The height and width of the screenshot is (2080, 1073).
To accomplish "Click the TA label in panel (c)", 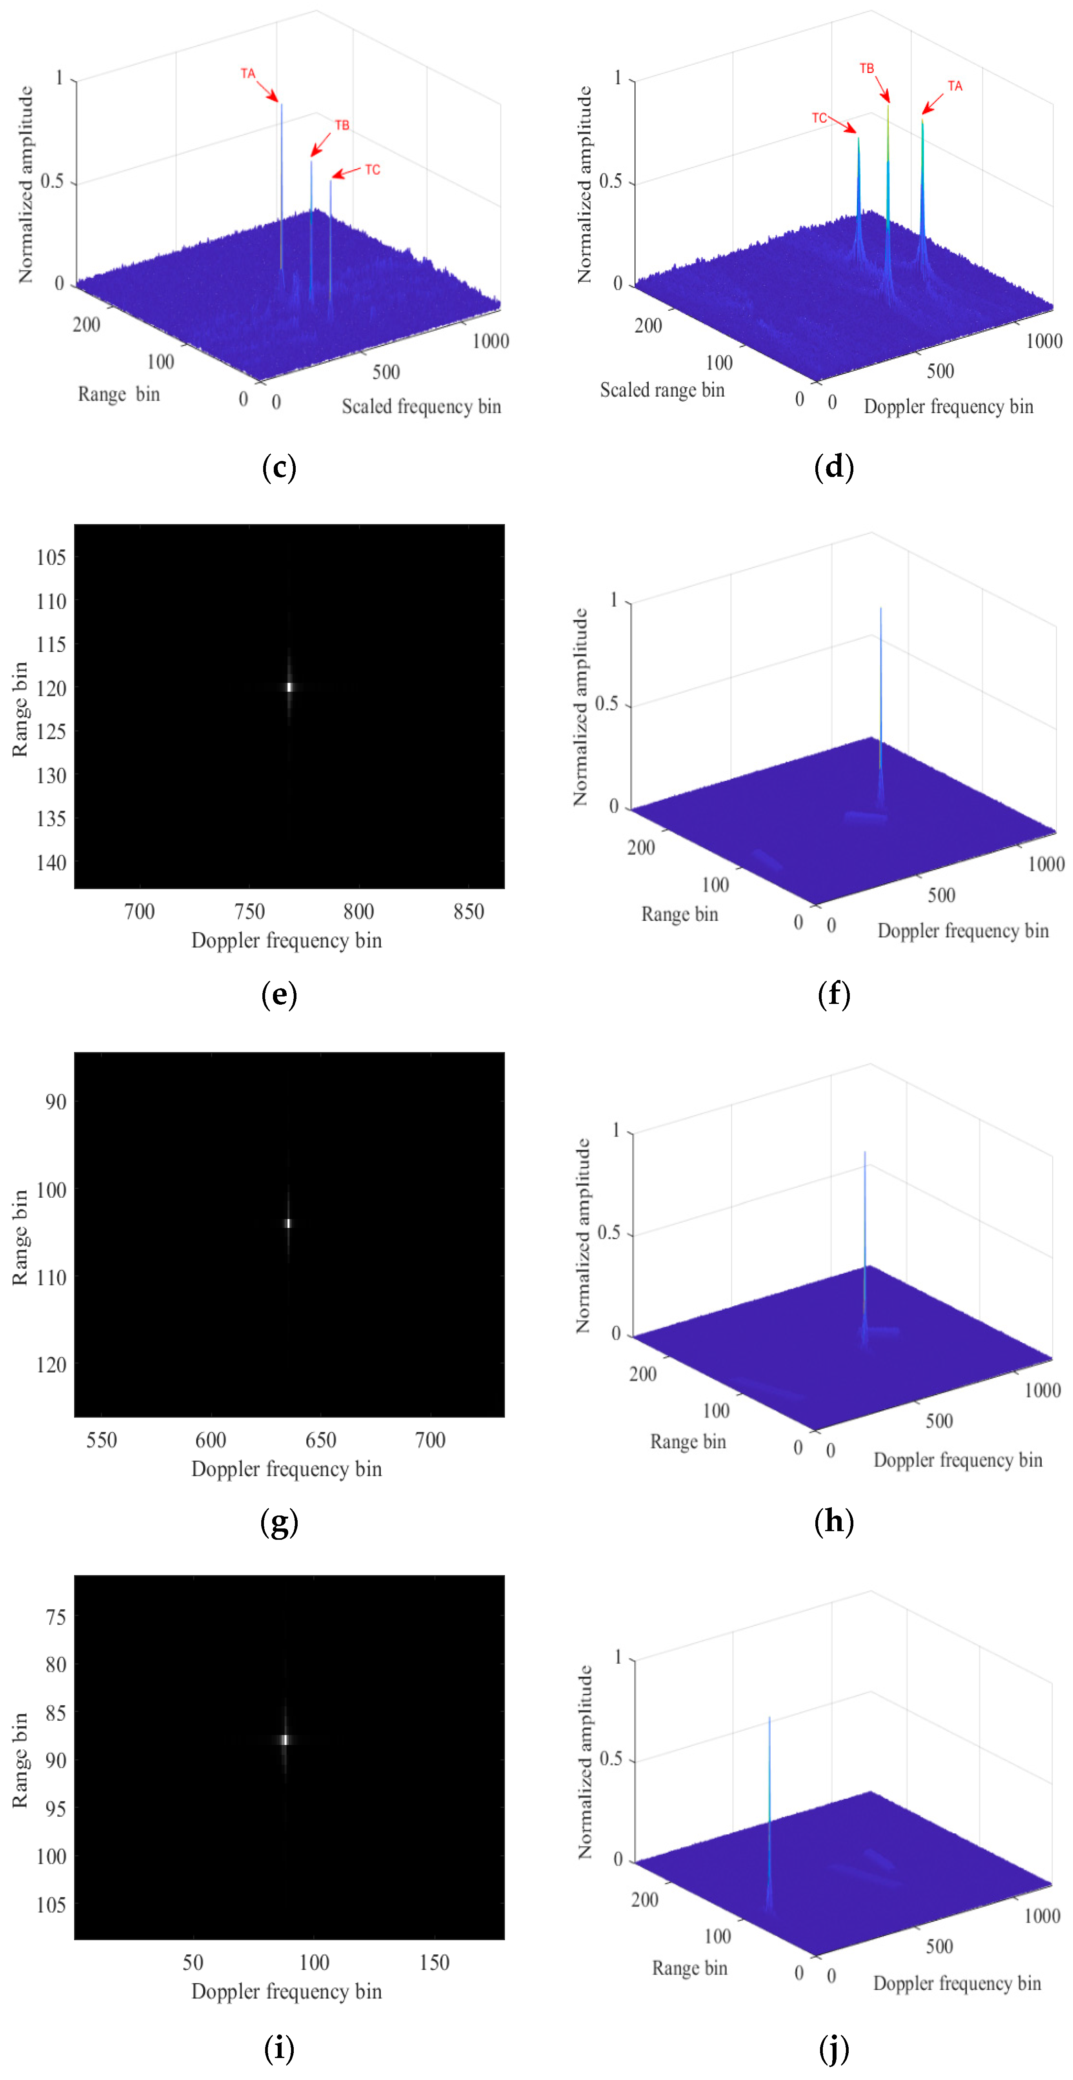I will pyautogui.click(x=248, y=73).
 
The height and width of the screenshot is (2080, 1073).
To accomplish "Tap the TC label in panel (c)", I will pyautogui.click(x=372, y=169).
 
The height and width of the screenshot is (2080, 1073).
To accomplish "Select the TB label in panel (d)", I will pyautogui.click(x=866, y=69).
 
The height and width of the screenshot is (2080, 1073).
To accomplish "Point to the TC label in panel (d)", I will pyautogui.click(x=819, y=118).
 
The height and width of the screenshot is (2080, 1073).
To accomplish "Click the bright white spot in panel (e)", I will pyautogui.click(x=289, y=687).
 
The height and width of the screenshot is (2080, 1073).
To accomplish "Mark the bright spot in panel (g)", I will pyautogui.click(x=287, y=1223).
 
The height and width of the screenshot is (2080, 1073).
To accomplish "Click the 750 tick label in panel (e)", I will pyautogui.click(x=249, y=912).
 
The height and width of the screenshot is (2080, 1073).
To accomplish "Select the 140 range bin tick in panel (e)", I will pyautogui.click(x=51, y=862).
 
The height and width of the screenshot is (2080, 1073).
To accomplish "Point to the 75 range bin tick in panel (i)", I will pyautogui.click(x=56, y=1617).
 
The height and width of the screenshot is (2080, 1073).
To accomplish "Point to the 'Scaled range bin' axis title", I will pyautogui.click(x=662, y=390).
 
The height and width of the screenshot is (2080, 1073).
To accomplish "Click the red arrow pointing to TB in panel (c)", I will pyautogui.click(x=320, y=144).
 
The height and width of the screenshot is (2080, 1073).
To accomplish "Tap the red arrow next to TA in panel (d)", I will pyautogui.click(x=933, y=102).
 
